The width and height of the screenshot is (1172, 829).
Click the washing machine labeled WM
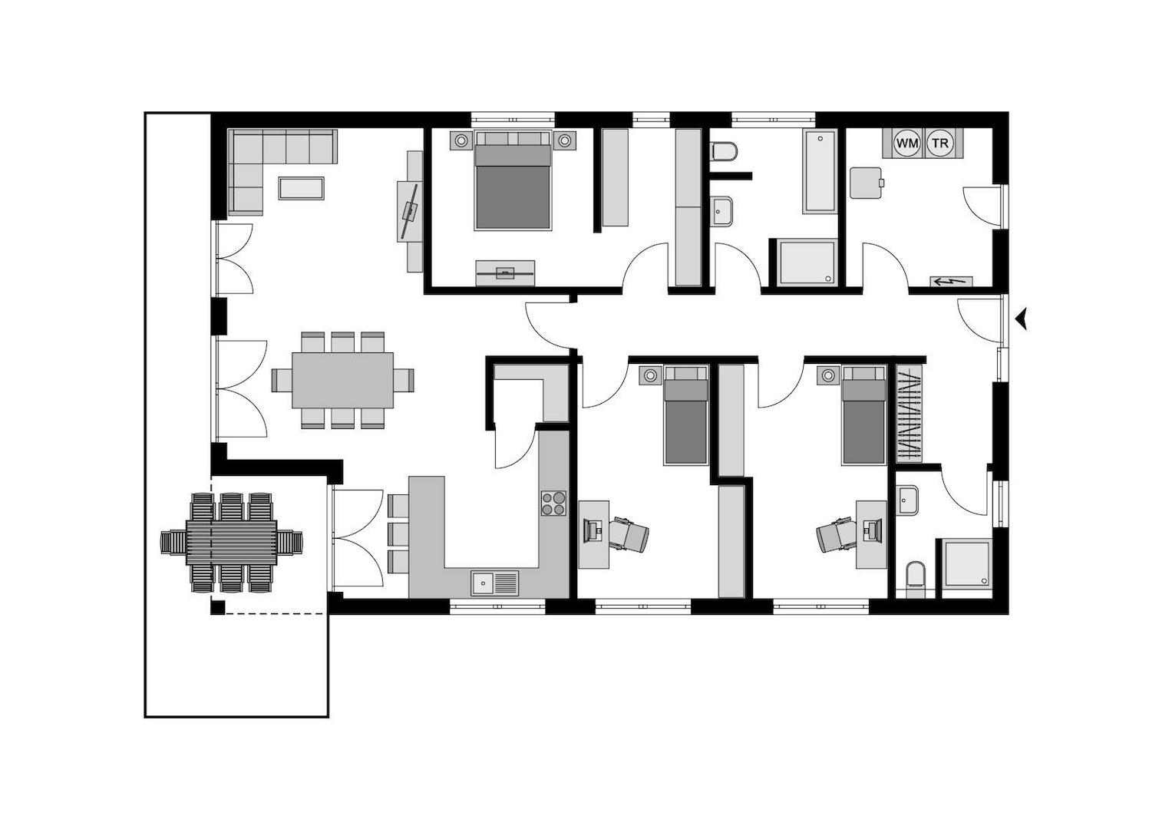point(906,143)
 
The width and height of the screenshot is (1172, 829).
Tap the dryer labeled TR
point(939,143)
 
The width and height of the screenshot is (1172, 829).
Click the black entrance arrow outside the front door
point(1021,319)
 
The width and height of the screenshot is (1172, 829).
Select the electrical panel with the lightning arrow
point(951,282)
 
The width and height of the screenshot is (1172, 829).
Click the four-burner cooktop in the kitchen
point(553,503)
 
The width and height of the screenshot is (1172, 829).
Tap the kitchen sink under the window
point(495,583)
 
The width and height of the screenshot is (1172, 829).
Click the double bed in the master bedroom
point(513,180)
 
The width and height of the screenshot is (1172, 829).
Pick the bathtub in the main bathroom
point(820,171)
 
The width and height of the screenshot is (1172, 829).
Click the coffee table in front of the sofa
point(301,188)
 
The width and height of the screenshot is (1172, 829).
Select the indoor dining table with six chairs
point(343,380)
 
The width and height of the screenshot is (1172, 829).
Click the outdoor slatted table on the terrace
point(231,542)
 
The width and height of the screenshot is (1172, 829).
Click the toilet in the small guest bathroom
point(915,579)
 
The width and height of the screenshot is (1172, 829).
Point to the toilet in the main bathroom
point(724,151)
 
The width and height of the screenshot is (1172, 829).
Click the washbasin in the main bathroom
point(721,211)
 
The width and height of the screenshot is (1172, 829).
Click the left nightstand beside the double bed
point(461,140)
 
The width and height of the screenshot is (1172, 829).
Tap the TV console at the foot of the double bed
point(505,273)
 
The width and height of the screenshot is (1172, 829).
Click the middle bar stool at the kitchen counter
point(398,533)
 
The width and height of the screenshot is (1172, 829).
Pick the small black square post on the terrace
point(218,608)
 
